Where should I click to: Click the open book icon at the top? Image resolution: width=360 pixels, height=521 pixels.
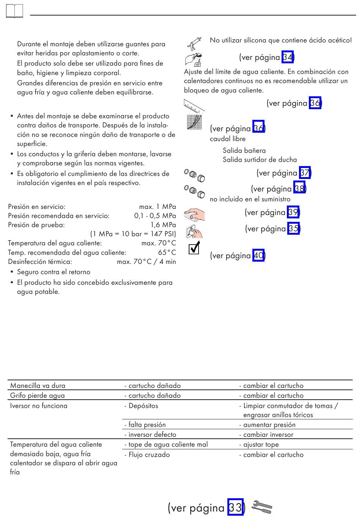pos(15,12)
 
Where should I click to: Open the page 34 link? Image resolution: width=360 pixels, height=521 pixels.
pos(288,57)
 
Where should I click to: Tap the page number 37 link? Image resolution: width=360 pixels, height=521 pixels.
pos(305,173)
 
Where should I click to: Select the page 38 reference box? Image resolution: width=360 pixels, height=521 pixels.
pos(299,189)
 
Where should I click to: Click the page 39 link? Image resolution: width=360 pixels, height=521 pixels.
pos(293,212)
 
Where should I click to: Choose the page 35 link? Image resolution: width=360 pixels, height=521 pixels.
pos(293,229)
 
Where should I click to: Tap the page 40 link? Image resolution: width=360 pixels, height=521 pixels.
pos(258,256)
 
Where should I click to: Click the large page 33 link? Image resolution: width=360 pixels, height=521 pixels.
pos(235,507)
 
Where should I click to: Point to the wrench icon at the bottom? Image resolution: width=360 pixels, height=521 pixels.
pos(262,507)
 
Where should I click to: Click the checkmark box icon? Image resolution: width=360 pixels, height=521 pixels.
pos(194,248)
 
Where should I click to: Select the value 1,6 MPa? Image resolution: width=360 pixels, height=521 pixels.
pos(163,225)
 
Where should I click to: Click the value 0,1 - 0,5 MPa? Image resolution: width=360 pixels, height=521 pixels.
pos(155,216)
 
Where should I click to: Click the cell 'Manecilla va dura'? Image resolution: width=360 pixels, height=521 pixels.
pos(38,386)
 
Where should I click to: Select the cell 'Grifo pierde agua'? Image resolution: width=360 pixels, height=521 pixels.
pos(38,395)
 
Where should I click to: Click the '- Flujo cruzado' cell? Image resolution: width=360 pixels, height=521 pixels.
pos(147,455)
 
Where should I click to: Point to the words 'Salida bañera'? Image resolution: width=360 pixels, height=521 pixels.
pos(244,151)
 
